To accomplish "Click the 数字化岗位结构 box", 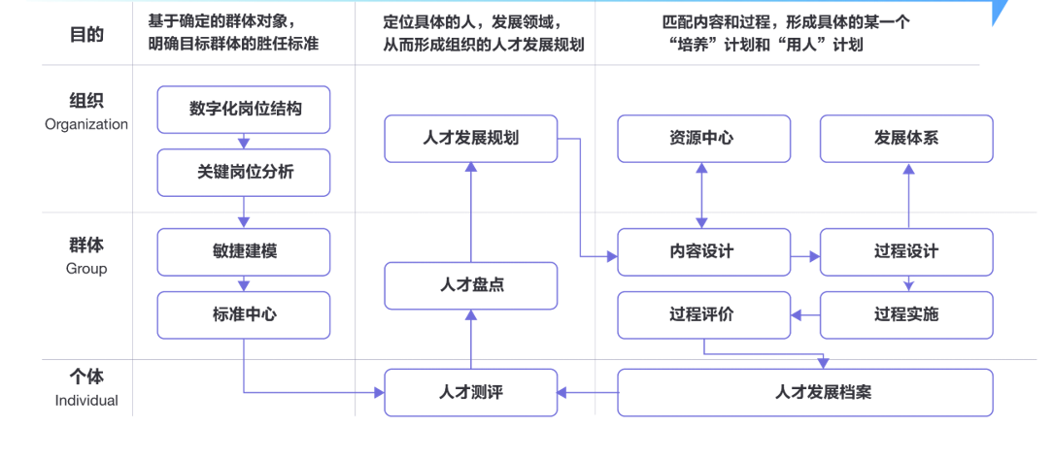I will [244, 109].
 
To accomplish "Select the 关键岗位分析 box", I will [244, 172].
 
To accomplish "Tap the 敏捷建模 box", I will [244, 251].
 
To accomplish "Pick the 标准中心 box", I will [244, 314].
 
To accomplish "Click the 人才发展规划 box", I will [471, 138].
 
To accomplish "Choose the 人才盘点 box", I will [471, 285].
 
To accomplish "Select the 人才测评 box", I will [471, 392].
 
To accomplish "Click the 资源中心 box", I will [700, 138].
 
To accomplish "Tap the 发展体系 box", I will [906, 138].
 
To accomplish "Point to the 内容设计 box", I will [700, 251].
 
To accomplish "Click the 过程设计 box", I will [906, 251].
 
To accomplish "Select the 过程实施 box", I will [906, 314].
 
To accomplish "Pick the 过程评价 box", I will [700, 314].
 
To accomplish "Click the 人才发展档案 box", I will [805, 392].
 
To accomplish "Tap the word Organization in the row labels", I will [86, 124].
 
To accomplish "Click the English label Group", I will [86, 269].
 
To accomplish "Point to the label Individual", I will [86, 401].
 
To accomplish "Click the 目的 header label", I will [86, 35].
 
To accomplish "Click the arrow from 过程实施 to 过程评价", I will [805, 314].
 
